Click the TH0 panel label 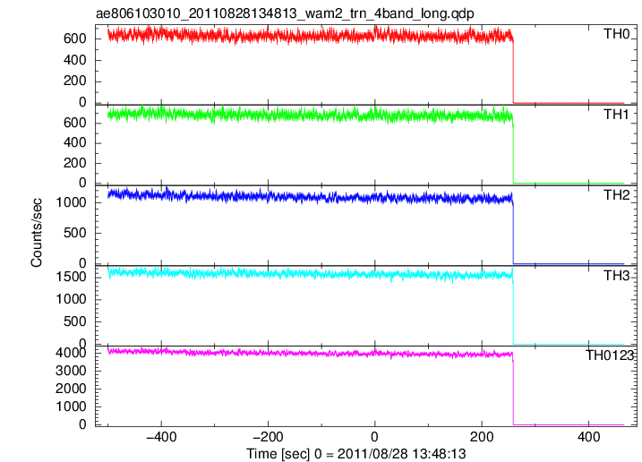tap(617, 34)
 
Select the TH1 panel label tap(616, 115)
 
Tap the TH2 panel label tap(617, 195)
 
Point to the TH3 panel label tap(617, 276)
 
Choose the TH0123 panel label tap(610, 355)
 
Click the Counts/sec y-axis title tap(36, 232)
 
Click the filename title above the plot tap(285, 13)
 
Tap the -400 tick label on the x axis tap(161, 437)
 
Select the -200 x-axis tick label tap(268, 437)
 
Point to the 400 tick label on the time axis tap(588, 437)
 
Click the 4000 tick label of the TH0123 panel tap(72, 353)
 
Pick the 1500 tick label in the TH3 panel tap(72, 277)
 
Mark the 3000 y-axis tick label tap(72, 371)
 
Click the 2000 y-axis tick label tap(72, 389)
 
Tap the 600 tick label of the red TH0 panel tap(75, 38)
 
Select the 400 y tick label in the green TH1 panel tap(75, 143)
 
